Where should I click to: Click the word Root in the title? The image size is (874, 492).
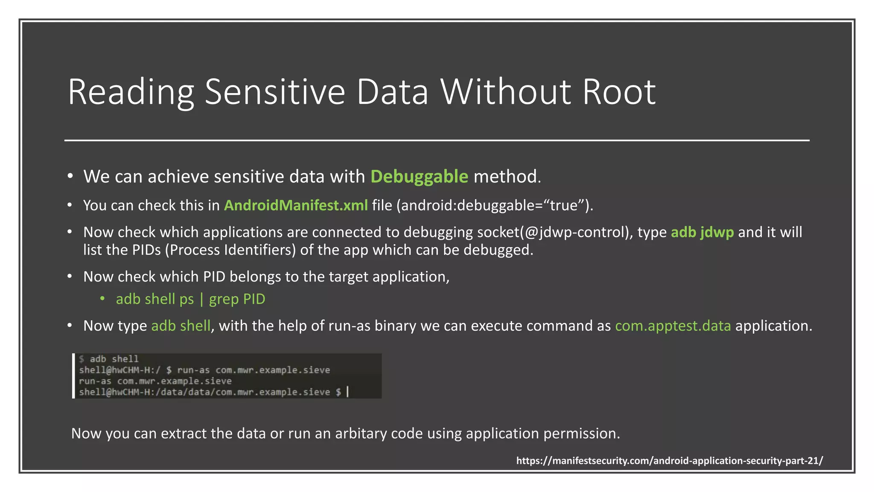click(x=619, y=92)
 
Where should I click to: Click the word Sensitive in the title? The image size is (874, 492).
click(x=275, y=92)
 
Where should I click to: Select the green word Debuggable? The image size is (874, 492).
click(x=419, y=176)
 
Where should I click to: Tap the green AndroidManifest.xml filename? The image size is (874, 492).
click(x=296, y=205)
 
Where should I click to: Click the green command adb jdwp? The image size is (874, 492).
click(x=702, y=232)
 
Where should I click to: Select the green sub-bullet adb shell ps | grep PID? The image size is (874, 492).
click(x=190, y=299)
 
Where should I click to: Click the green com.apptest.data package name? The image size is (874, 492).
click(x=673, y=326)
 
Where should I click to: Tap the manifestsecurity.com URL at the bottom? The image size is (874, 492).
click(x=669, y=461)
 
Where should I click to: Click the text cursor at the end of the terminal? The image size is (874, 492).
click(x=347, y=392)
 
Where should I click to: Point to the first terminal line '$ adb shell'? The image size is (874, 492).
click(x=109, y=359)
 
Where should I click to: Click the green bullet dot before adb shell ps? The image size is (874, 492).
click(x=102, y=299)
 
